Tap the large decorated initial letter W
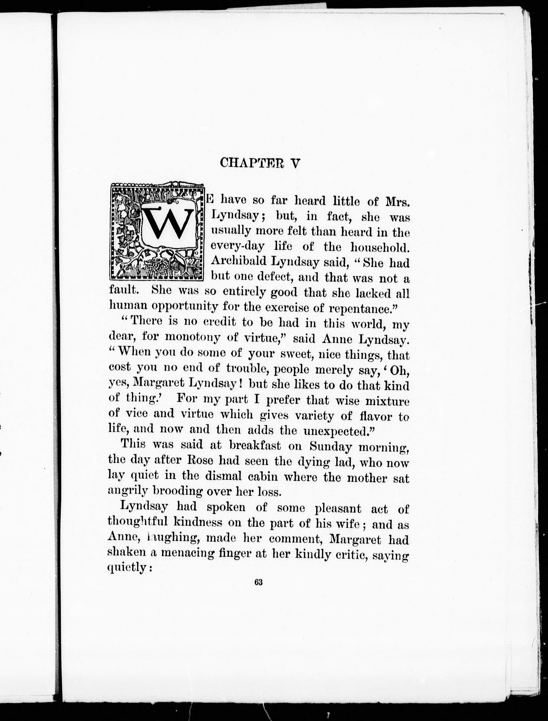coord(167,224)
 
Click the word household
coord(380,247)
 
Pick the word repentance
coord(360,308)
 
